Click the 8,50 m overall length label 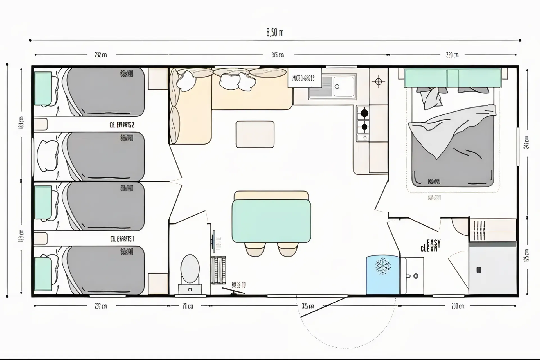(x=275, y=33)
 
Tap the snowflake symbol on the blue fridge (x=383, y=266)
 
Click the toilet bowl (x=190, y=269)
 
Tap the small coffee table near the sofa (x=255, y=134)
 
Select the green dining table (x=271, y=221)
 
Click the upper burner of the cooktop (x=364, y=113)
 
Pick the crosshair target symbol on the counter (x=378, y=82)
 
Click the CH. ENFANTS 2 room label (x=122, y=125)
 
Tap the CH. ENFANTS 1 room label (x=122, y=239)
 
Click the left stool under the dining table (x=255, y=249)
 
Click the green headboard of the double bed (x=453, y=78)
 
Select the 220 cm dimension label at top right (x=452, y=55)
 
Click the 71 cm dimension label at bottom (x=188, y=306)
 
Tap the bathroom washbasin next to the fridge (x=412, y=275)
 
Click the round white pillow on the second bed (x=48, y=156)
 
